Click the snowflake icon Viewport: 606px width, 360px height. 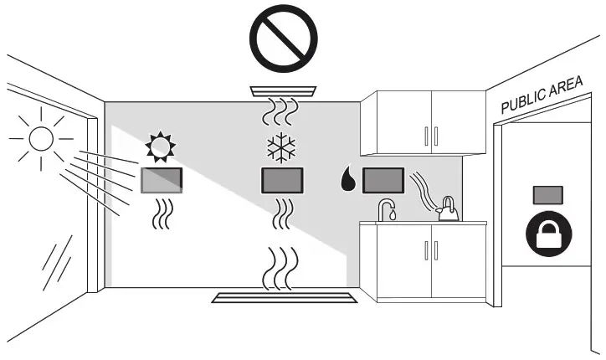(x=281, y=147)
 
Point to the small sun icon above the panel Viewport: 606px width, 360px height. (x=161, y=147)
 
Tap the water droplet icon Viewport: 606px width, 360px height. (x=347, y=179)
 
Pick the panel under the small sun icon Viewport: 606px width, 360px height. (x=162, y=180)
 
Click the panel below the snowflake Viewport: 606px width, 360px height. (x=282, y=180)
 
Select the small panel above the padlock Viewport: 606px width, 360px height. (x=548, y=194)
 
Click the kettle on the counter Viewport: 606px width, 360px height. (x=449, y=211)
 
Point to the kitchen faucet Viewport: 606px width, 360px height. (x=386, y=209)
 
